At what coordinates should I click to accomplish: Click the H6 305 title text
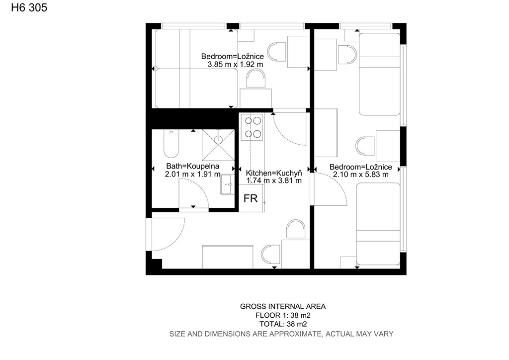coord(29,7)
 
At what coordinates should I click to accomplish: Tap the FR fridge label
coord(251,198)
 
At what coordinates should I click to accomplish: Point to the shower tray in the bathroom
coord(218,145)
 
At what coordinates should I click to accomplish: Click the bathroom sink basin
coord(227,184)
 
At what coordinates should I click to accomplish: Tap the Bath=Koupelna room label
coord(193,166)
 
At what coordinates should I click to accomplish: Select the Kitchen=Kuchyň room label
coord(274,173)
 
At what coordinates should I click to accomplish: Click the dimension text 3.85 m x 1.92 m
coord(235,64)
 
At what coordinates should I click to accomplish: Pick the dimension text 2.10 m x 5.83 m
coord(361,175)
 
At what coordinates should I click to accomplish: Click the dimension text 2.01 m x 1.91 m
coord(193,174)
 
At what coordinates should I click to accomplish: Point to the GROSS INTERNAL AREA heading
coord(283,306)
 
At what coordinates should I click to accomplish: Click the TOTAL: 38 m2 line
coord(283,324)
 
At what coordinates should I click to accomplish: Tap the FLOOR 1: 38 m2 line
coord(283,315)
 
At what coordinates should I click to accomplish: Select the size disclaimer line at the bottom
coord(281,334)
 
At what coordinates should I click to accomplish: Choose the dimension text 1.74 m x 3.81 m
coord(274,180)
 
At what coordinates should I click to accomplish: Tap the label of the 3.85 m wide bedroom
coord(233,56)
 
